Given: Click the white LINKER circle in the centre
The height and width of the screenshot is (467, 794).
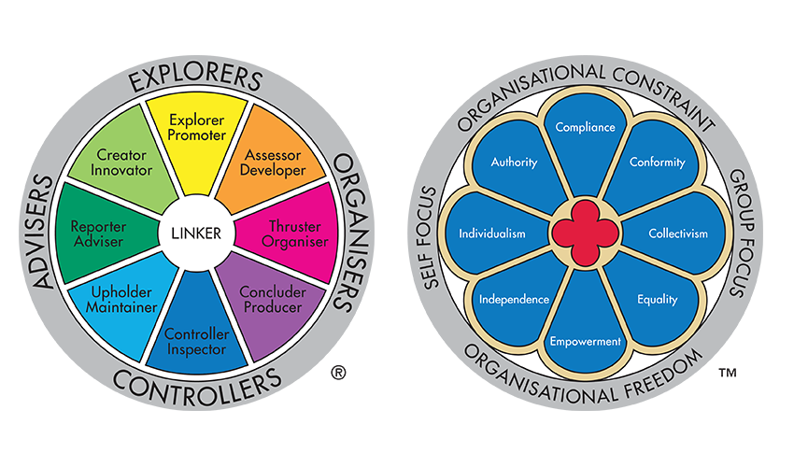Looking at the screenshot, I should pos(197,233).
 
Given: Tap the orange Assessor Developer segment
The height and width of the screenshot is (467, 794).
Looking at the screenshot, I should pos(265,164).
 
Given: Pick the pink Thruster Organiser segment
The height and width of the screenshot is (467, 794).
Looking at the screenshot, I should pos(295,234).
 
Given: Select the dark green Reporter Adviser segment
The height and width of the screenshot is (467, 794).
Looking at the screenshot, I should pos(98,233).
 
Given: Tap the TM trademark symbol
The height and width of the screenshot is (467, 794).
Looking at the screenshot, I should pos(727,375).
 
